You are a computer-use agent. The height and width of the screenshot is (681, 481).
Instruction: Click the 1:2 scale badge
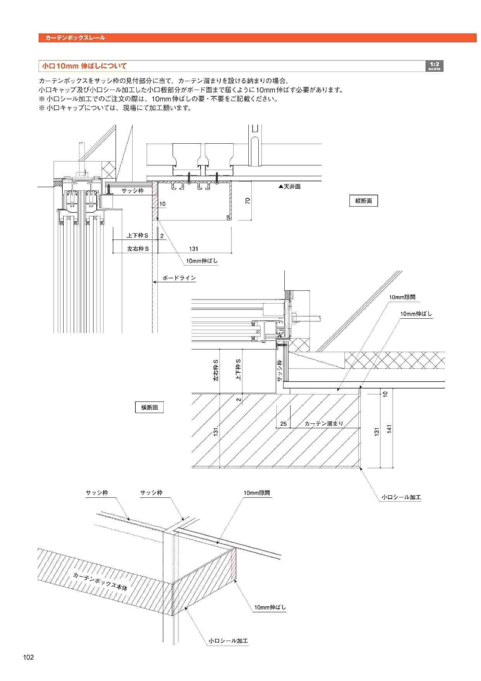coord(434,66)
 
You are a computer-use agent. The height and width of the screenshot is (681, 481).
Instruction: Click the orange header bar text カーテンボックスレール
coord(75,38)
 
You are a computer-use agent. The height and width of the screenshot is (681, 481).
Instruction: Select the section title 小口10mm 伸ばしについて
coord(84,66)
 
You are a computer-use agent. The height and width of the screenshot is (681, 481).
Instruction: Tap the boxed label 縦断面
coord(363,201)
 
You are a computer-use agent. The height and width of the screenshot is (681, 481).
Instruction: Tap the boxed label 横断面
coord(149,408)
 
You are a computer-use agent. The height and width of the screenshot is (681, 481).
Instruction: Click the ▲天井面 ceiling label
coord(290,187)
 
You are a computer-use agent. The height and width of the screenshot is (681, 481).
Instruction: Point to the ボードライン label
coord(179,278)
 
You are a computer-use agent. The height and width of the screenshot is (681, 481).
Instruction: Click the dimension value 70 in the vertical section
coord(248,201)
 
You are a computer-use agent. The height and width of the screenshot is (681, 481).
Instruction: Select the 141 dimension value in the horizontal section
coord(389,429)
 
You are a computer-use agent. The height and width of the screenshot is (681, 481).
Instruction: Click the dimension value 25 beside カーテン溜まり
coord(284,424)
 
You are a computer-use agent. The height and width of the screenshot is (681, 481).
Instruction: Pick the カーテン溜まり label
coord(324,424)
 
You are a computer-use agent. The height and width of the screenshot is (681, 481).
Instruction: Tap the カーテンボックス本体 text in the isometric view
coord(100,582)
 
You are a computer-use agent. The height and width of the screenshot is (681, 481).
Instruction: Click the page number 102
coord(28,657)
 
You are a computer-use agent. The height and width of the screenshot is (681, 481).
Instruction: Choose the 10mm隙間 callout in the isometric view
coord(257,493)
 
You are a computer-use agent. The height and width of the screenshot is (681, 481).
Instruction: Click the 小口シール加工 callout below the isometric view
coord(228,641)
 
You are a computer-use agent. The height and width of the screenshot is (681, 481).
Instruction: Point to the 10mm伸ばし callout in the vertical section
coord(202,261)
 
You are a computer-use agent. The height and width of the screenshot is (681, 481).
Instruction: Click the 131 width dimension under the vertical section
coord(194,249)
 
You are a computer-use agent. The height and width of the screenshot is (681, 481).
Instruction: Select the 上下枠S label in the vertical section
coord(138,236)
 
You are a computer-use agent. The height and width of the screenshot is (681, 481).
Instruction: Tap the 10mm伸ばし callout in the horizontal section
coord(416,314)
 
